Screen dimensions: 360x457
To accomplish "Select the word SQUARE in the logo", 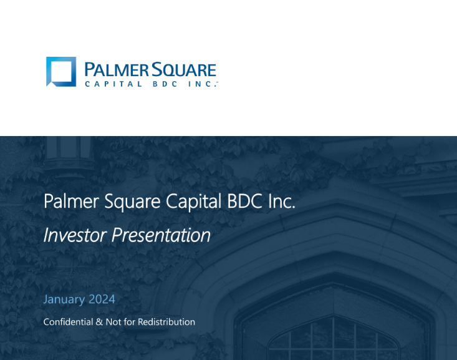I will tap(180, 69).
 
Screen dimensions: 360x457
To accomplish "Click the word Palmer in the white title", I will tap(66, 202).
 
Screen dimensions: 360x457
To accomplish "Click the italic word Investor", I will tap(74, 235).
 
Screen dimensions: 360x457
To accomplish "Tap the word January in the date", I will tap(64, 299).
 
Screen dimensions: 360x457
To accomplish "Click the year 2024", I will tap(101, 299).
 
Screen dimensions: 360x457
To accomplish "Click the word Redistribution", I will tap(166, 322).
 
